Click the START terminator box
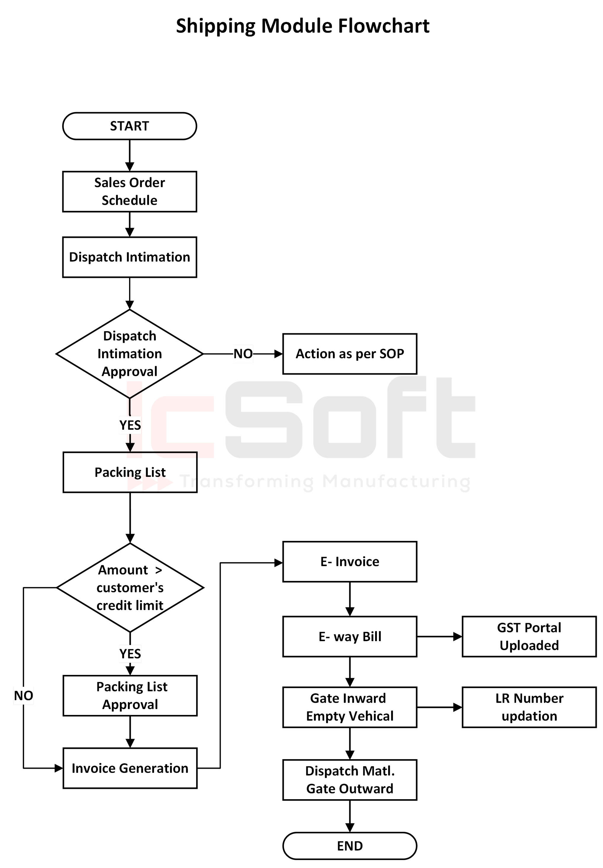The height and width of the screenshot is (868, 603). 130,126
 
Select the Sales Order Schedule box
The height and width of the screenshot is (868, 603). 130,191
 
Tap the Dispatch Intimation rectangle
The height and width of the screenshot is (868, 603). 130,257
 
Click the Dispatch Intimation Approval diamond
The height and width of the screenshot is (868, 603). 130,354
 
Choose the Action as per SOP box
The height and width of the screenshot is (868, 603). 350,354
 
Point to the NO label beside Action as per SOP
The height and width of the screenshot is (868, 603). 243,354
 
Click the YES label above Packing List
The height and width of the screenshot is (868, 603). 130,425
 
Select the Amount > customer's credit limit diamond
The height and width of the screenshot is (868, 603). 130,587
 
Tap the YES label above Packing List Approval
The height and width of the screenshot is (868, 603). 130,654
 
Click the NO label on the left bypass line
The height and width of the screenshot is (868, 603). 23,695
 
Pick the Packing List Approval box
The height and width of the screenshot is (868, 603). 130,695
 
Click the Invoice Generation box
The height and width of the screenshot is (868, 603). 130,768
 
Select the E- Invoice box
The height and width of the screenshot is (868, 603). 350,562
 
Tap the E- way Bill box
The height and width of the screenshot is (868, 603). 350,637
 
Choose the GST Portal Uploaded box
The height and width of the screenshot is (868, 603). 529,637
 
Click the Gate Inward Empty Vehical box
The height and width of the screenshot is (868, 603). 350,707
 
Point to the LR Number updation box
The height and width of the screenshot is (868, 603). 529,707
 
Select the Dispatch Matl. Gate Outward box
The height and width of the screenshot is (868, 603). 350,780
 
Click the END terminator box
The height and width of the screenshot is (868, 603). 350,846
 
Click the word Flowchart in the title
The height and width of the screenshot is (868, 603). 383,26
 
